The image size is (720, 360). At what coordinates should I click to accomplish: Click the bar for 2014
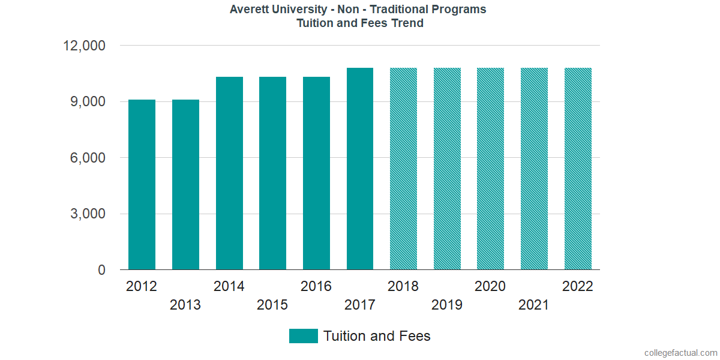229,173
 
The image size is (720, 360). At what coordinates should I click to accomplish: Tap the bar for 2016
316,173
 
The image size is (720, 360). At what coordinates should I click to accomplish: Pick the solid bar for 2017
360,169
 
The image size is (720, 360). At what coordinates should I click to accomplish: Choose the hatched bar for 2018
403,169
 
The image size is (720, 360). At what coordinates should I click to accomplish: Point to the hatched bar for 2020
490,169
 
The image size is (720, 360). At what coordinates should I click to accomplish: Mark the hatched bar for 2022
578,169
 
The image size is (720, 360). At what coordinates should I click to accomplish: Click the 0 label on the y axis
101,271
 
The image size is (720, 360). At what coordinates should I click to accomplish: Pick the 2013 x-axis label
185,305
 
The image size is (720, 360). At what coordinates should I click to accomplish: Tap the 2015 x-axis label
272,305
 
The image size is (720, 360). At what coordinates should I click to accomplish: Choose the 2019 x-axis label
447,305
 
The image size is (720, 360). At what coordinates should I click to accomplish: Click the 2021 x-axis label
534,305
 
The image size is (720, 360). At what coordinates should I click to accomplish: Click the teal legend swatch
303,336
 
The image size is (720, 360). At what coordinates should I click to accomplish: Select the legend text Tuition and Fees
377,336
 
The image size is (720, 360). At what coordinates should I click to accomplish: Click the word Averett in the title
249,10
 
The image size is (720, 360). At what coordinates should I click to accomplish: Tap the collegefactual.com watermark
680,353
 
